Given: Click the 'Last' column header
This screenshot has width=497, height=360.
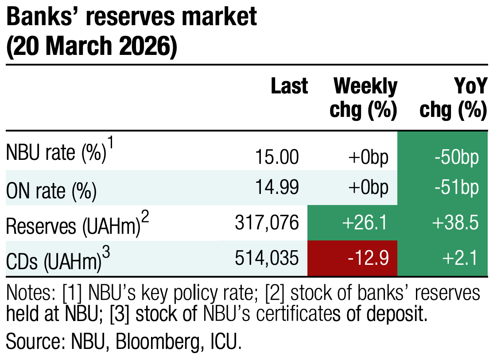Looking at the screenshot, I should [x=289, y=86].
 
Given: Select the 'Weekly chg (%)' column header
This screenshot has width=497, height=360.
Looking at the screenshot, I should [x=364, y=98].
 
